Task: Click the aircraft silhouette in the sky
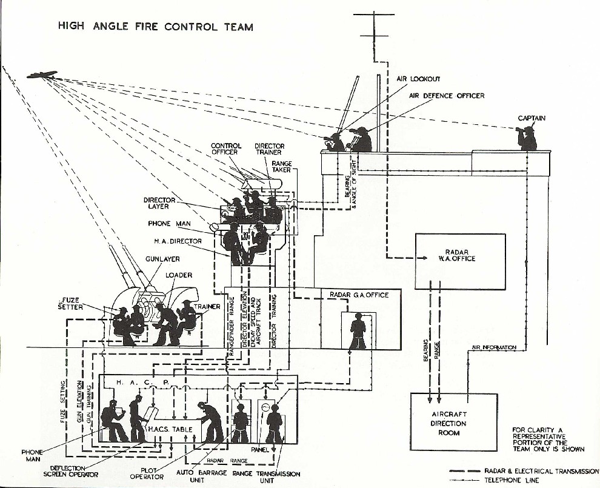coord(42,75)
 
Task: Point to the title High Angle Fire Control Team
coord(155,27)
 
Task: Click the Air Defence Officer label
coord(447,96)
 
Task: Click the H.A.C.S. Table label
coord(170,429)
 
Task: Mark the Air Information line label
coord(494,347)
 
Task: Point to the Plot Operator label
coord(147,473)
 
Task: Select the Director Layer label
coord(159,203)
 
